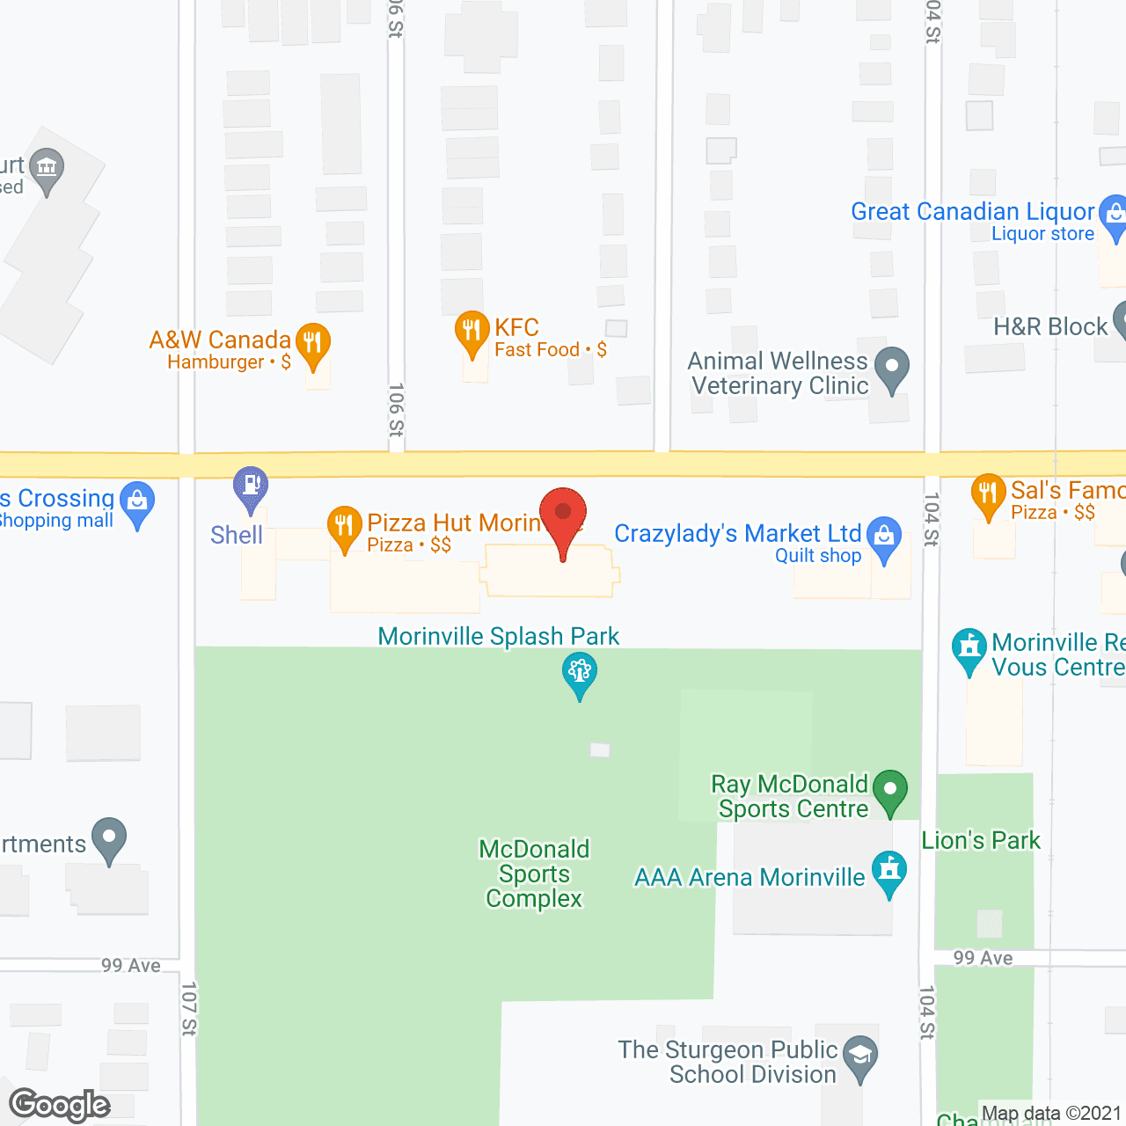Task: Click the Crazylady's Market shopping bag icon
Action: tap(884, 536)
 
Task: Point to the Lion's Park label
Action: tap(981, 841)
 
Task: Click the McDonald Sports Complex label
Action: tap(534, 874)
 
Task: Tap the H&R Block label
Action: tap(1050, 327)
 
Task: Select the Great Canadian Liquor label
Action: tap(972, 212)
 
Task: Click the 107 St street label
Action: tap(188, 1008)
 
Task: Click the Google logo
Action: tap(60, 1105)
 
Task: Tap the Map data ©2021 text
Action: tap(1051, 1114)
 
